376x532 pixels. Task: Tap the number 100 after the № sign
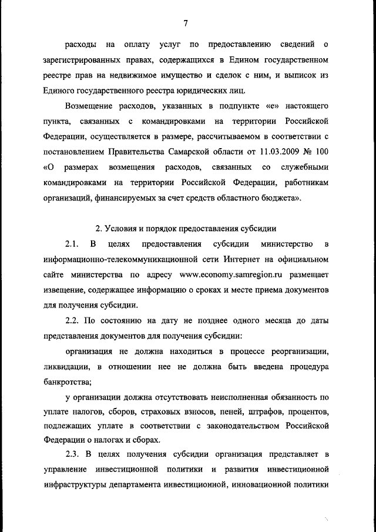[320, 152]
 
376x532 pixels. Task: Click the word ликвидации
[66, 367]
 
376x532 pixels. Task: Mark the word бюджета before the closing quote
[279, 198]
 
